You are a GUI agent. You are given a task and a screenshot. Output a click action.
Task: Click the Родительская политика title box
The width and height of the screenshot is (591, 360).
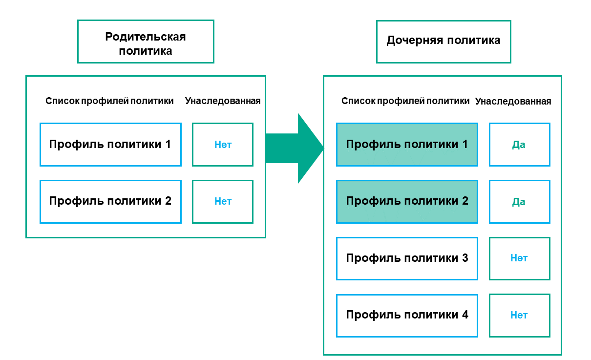point(146,42)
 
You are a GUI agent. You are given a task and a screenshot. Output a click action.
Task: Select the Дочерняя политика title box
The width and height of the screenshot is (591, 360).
point(443,41)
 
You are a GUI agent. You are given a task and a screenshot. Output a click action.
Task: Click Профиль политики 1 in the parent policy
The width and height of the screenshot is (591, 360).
point(110,145)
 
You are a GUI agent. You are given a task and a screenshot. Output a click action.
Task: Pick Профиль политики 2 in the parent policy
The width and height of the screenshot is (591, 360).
point(110,201)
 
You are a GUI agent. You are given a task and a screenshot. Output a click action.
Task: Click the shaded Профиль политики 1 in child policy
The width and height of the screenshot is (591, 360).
point(407,145)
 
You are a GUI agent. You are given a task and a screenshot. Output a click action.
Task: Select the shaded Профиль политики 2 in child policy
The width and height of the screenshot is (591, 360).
point(407,201)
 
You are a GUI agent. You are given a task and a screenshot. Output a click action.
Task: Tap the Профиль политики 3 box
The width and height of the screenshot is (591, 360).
point(407,258)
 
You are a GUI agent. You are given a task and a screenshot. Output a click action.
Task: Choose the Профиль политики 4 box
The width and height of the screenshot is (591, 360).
point(407,315)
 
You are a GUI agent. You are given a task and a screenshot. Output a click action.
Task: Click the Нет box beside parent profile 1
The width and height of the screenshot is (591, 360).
point(223,145)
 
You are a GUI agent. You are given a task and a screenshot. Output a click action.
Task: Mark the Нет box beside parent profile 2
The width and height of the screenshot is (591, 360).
point(223,201)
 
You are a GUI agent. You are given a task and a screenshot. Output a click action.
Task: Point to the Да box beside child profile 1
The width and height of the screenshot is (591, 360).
point(519,145)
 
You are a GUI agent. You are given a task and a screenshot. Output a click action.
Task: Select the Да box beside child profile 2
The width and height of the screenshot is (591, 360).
point(519,201)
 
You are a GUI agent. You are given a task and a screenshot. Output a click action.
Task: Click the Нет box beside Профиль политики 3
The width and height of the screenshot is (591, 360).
point(519,258)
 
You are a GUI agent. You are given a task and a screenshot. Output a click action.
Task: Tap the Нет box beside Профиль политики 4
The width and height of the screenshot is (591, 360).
point(519,315)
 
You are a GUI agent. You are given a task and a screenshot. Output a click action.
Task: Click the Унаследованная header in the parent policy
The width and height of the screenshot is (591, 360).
point(223,101)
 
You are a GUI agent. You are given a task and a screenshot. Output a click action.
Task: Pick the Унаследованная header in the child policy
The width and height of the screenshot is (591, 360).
point(513,102)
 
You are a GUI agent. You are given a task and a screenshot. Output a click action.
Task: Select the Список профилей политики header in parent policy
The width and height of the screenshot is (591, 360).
point(109,101)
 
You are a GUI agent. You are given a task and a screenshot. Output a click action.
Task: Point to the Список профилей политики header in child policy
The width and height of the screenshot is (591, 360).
point(405,101)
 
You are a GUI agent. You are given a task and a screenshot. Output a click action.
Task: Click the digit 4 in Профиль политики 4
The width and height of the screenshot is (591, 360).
point(464,315)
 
